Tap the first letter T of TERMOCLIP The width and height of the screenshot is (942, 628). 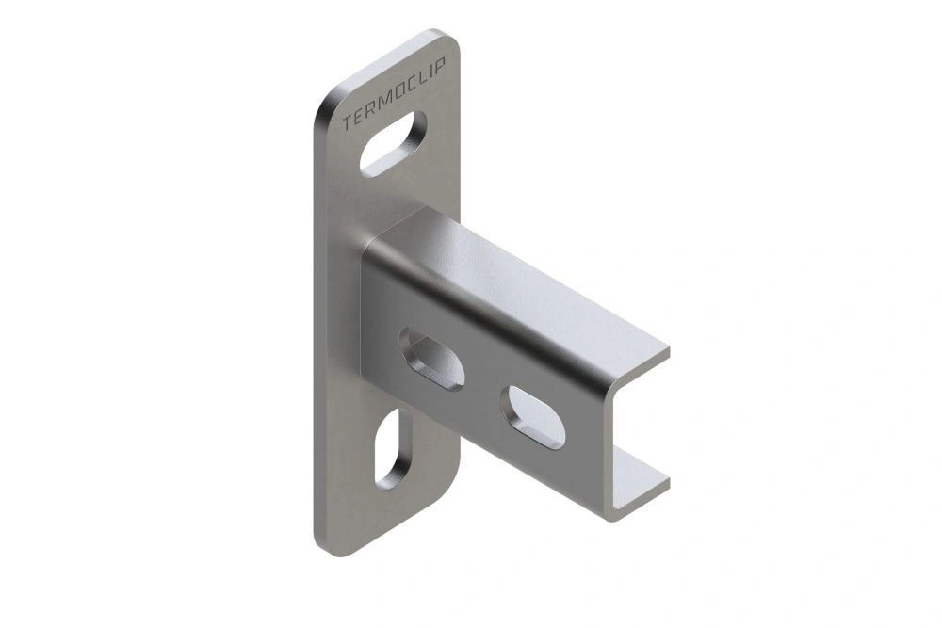(348, 123)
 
